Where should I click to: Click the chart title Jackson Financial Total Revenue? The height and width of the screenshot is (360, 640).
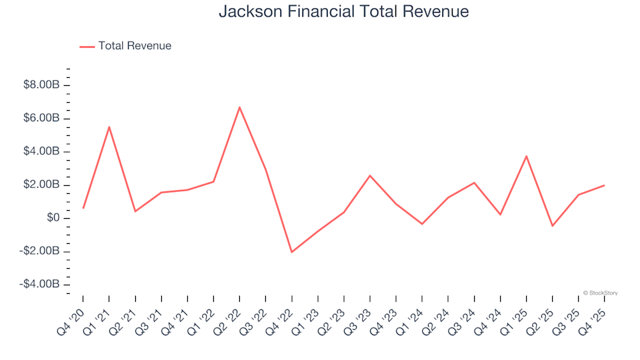343,12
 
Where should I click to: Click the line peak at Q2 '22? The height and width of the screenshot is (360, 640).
239,107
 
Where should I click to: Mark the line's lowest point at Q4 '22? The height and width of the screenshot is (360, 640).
291,252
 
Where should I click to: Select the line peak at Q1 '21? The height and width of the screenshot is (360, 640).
109,127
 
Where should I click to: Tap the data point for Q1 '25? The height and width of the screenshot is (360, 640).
526,156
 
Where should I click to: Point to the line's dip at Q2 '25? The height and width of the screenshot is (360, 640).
552,226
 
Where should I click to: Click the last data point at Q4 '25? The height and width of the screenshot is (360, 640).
604,185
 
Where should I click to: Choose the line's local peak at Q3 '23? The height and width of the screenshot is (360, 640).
370,175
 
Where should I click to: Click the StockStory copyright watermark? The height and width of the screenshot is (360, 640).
600,293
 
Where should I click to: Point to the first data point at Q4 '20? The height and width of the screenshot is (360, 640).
83,208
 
